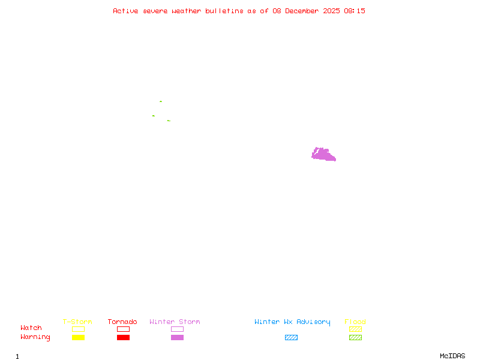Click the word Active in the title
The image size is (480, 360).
click(126, 11)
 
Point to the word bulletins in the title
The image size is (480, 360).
click(224, 11)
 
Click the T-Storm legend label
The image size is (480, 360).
click(77, 322)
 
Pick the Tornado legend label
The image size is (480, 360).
click(122, 322)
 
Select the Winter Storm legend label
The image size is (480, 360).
click(175, 322)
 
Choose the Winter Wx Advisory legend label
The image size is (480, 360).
click(292, 322)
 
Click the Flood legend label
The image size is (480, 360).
click(355, 322)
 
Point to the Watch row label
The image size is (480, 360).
click(31, 328)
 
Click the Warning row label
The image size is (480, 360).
click(35, 337)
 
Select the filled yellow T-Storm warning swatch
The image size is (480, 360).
click(78, 337)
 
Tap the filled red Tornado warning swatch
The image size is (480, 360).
click(123, 337)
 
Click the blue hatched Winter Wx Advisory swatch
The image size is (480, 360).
click(291, 337)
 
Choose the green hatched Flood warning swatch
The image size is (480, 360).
click(355, 337)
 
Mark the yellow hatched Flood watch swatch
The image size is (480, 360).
click(355, 329)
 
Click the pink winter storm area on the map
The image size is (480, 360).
click(323, 155)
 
